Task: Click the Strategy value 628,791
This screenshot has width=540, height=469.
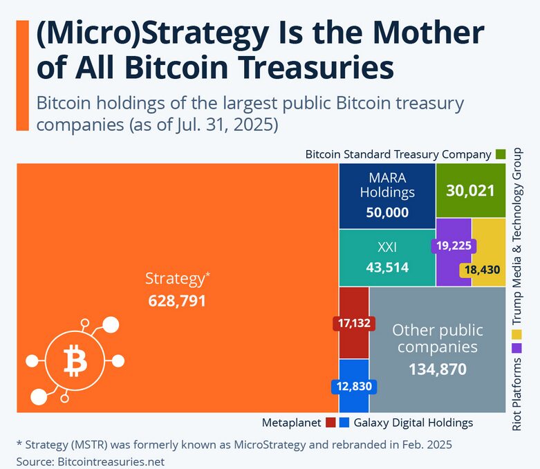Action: [x=177, y=301]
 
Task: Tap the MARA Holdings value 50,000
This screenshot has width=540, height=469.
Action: [x=387, y=212]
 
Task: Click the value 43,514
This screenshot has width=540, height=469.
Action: [x=387, y=267]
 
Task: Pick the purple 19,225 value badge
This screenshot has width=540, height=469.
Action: [x=453, y=245]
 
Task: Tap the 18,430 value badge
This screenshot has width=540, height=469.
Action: [x=483, y=270]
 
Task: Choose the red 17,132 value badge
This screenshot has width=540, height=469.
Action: [x=353, y=322]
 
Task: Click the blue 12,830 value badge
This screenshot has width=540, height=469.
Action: [x=354, y=387]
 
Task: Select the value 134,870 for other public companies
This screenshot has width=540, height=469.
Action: [x=437, y=369]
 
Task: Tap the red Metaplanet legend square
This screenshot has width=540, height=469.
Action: [x=330, y=422]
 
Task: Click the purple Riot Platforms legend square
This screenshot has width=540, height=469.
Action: [x=516, y=350]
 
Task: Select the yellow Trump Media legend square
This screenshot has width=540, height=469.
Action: [x=516, y=335]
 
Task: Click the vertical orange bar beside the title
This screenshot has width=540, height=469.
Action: [x=22, y=75]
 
